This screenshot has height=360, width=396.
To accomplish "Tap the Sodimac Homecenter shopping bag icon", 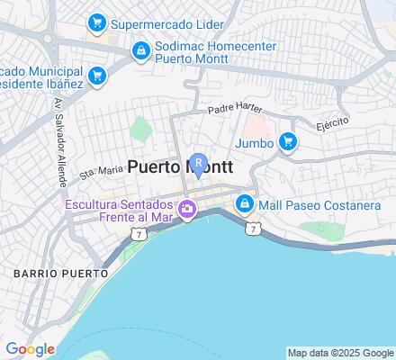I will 139,51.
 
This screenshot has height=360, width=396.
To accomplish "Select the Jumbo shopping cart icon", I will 287,140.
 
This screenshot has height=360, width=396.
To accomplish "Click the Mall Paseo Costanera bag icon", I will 243,205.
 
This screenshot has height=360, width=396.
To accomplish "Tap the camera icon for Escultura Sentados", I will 187,211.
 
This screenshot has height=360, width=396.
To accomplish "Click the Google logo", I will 30,348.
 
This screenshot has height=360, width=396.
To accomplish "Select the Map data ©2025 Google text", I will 341,353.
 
